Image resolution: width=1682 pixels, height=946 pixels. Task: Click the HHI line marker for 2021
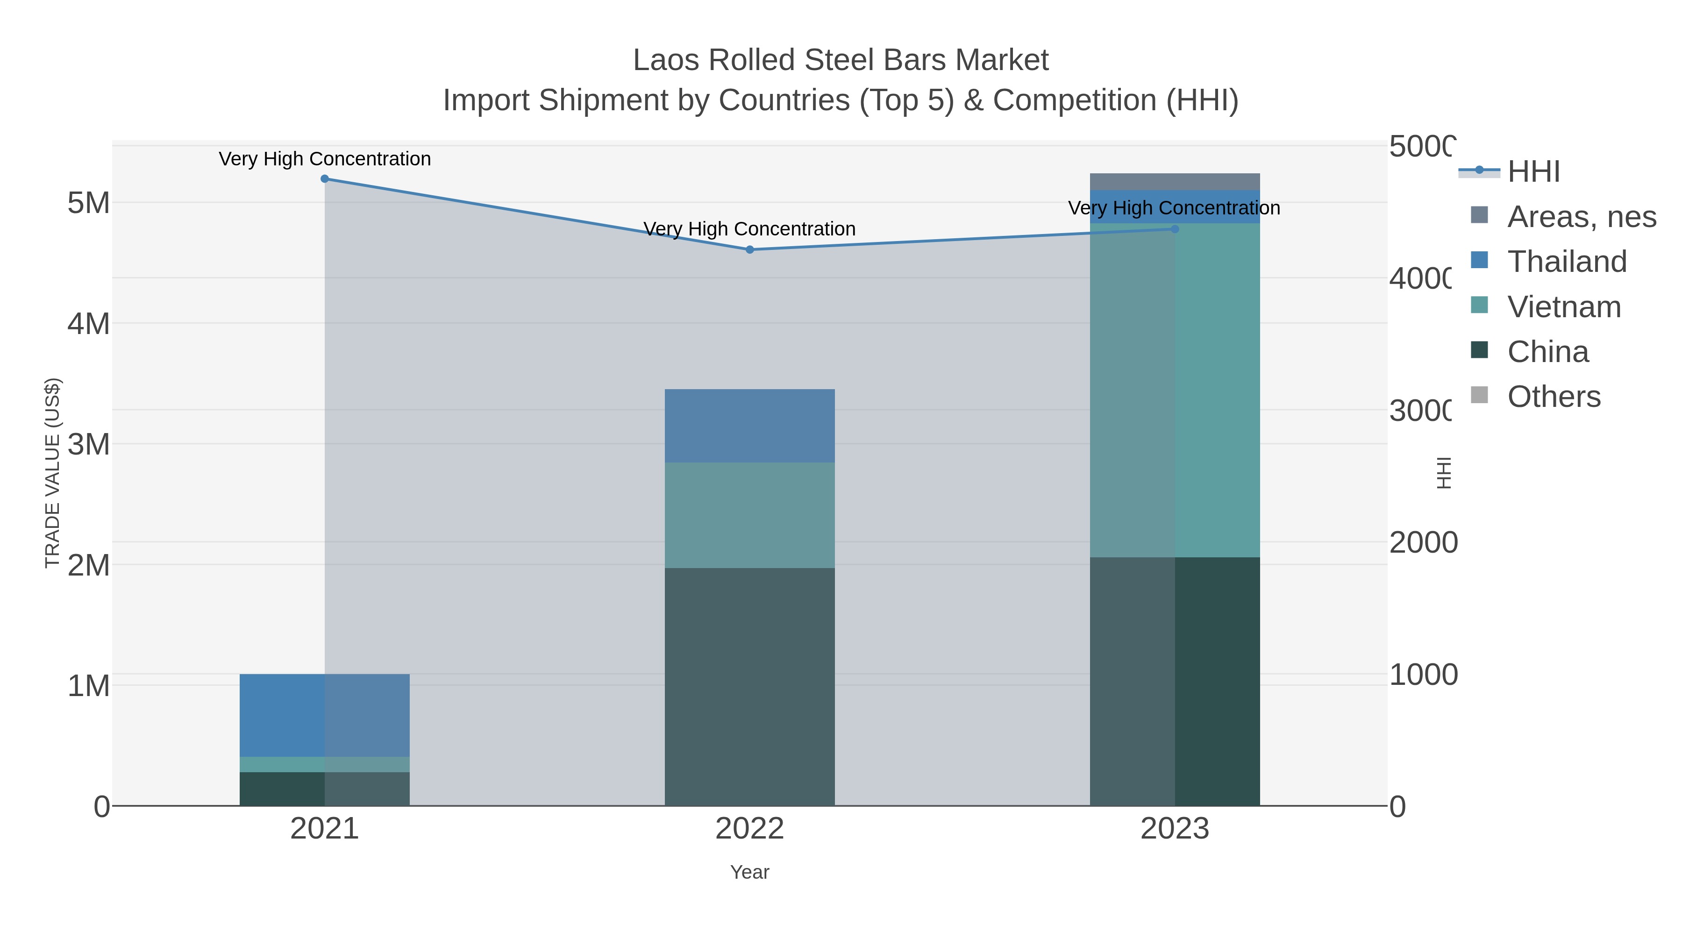325,179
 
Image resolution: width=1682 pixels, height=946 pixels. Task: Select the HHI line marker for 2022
749,249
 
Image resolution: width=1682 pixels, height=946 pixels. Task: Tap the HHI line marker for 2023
1175,229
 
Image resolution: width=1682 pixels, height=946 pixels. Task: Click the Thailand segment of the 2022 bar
749,426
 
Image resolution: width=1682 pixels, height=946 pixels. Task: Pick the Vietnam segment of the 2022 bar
749,515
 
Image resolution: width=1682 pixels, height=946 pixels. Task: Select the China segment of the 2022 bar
749,685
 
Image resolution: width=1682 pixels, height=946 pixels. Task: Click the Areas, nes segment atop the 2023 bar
1175,182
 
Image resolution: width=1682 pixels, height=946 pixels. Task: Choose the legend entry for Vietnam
1563,307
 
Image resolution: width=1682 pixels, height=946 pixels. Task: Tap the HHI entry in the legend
1532,172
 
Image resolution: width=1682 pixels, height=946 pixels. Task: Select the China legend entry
1547,352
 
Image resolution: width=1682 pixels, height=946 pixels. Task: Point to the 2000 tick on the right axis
1423,542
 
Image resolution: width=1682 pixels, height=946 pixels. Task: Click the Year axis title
749,872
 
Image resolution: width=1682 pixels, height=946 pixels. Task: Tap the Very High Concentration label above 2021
325,159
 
